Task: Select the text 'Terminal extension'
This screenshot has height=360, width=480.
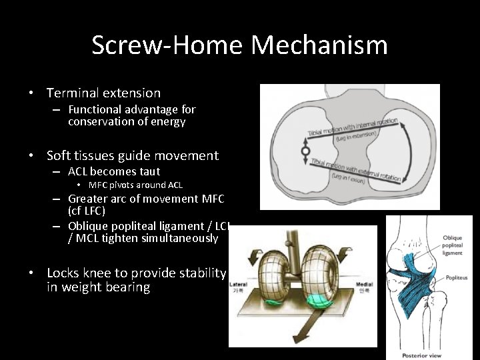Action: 103,93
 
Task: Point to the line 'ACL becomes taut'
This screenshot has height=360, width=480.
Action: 114,171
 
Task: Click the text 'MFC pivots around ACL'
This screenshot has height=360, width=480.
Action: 135,185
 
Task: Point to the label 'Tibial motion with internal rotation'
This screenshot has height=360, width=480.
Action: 353,127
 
